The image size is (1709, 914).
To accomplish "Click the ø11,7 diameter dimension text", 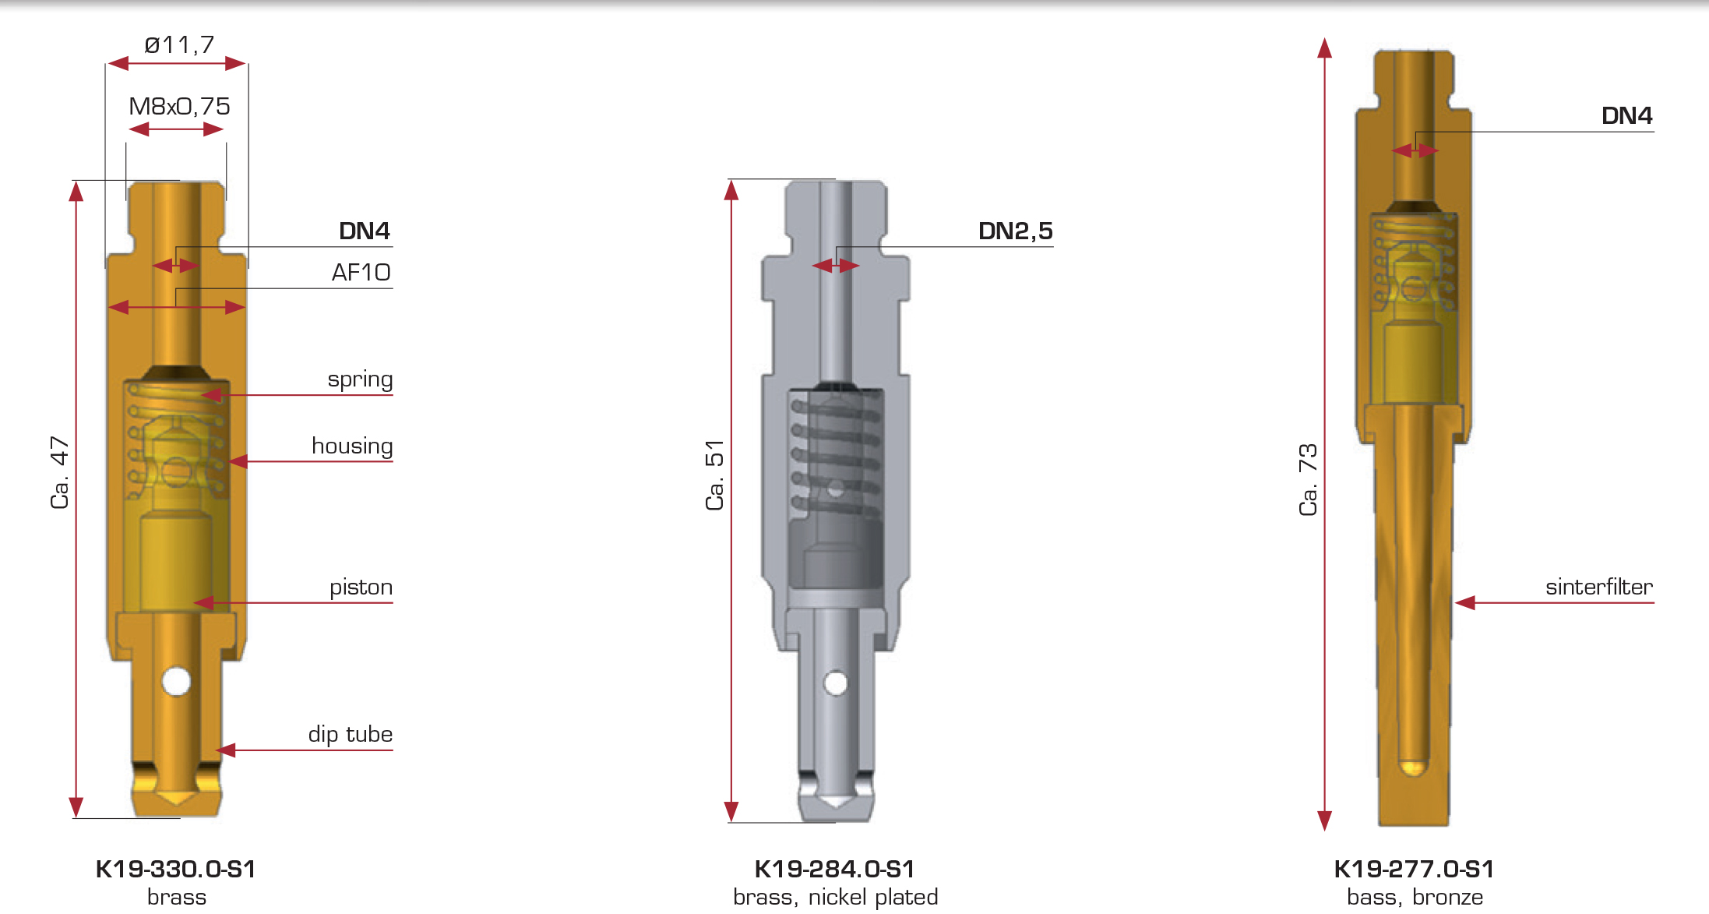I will coord(179,45).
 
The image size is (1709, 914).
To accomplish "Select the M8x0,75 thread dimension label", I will coord(179,106).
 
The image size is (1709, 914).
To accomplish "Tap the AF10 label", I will coord(361,272).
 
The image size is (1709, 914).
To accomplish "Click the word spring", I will coord(360,379).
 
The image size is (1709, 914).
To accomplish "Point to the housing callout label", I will coord(352,446).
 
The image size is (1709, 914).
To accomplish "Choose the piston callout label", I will coord(361,587).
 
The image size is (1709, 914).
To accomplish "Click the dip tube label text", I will coord(350,734).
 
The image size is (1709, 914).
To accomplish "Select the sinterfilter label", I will coord(1598,587).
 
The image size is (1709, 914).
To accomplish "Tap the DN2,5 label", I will coord(1015,231).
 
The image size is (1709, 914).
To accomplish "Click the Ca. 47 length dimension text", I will coord(60,472).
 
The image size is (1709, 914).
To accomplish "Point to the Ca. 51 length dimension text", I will coord(715,475).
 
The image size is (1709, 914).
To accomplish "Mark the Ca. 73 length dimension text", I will coord(1309,479).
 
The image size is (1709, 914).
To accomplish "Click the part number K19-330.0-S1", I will coord(176,869).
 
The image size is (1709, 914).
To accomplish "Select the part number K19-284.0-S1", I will coord(834,869).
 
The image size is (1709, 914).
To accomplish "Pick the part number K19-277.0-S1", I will coord(1414,869).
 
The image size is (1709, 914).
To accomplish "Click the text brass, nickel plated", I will coord(835,897).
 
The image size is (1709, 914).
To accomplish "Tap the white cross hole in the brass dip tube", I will coord(177,681).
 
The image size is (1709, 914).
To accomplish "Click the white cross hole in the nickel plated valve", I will coord(836,683).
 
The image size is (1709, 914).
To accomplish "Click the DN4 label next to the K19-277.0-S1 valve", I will coord(1626,115).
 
